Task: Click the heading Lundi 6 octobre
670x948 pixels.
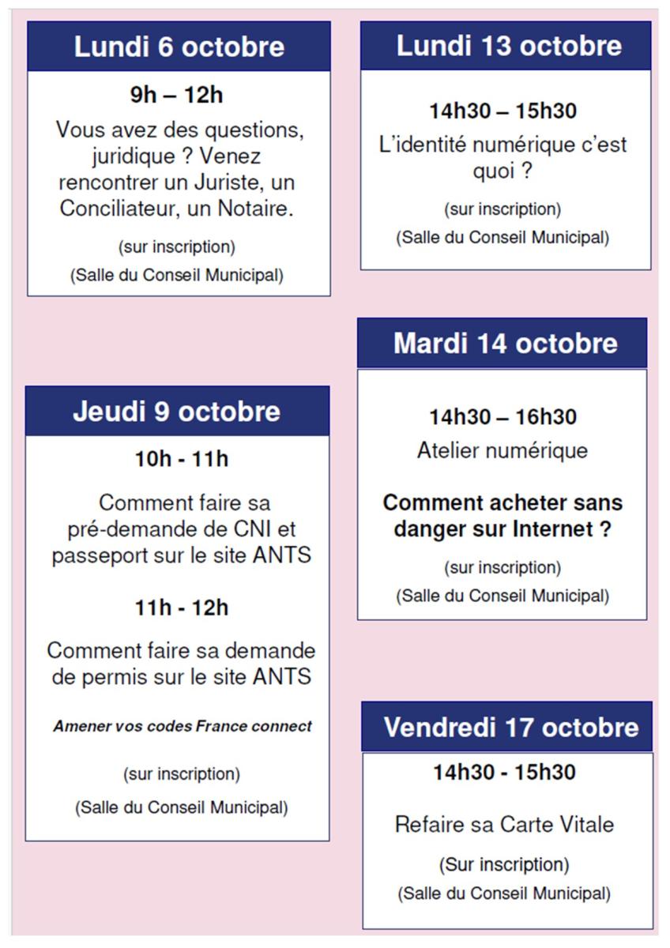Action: point(179,47)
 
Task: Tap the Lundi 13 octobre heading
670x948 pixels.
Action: point(509,46)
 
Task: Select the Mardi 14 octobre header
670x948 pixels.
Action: point(506,344)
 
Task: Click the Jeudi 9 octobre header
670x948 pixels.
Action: point(177,412)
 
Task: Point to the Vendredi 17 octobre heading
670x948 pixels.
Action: point(511,727)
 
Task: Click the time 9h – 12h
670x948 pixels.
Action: point(176,96)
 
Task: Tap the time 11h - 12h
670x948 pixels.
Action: point(182,608)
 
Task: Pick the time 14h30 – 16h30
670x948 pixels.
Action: point(502,416)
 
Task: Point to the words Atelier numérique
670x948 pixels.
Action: point(502,451)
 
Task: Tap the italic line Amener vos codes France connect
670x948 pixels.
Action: point(183,726)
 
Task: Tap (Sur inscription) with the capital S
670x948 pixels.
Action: point(503,864)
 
